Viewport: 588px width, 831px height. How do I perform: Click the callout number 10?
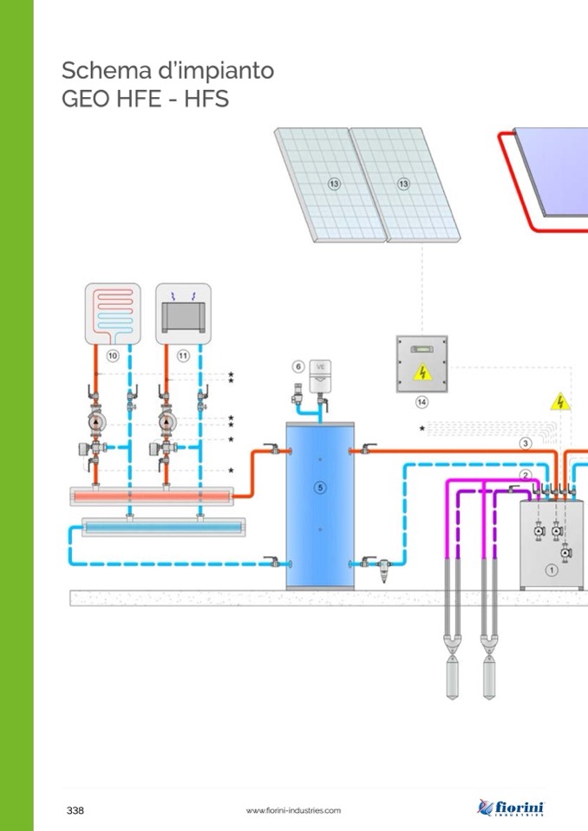click(x=112, y=355)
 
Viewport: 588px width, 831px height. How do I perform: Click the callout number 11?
click(x=183, y=355)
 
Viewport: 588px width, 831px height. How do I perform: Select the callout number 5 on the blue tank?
click(x=320, y=488)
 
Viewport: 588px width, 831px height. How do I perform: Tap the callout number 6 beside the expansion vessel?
click(x=297, y=367)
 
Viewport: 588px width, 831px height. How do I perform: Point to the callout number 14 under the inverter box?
click(x=421, y=401)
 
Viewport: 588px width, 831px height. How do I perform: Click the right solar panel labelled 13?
click(x=402, y=184)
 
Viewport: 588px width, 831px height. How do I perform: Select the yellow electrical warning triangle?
click(x=560, y=401)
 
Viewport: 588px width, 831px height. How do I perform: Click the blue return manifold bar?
click(x=163, y=526)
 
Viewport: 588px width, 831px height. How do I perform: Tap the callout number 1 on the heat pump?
click(x=550, y=569)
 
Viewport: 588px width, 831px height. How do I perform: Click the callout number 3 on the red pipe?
click(x=526, y=444)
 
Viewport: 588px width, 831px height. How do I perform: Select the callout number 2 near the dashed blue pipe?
click(x=525, y=475)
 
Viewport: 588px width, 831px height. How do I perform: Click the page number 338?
click(x=75, y=810)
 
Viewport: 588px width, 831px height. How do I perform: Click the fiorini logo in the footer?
click(x=512, y=808)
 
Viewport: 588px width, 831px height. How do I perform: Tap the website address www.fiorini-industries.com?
click(x=293, y=810)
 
